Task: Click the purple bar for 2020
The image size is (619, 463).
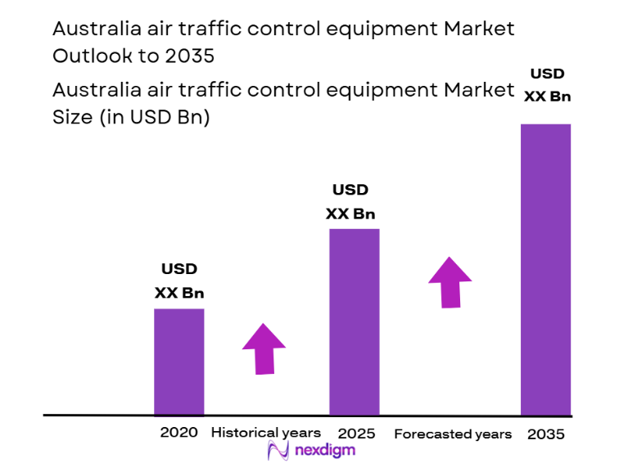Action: (x=179, y=362)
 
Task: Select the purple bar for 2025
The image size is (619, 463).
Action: (x=355, y=321)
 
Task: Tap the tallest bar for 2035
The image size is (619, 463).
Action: (x=546, y=269)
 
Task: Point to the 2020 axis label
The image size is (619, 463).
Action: (x=179, y=433)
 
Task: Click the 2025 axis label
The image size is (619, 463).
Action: (x=355, y=433)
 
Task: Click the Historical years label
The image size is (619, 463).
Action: (x=266, y=433)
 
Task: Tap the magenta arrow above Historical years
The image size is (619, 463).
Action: (x=264, y=348)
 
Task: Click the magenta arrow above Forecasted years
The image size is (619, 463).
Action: (x=450, y=282)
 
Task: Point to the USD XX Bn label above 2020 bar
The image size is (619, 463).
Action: (x=179, y=281)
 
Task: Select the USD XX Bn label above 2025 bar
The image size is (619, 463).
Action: (x=350, y=202)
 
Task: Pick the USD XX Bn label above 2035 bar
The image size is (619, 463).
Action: (x=547, y=84)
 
